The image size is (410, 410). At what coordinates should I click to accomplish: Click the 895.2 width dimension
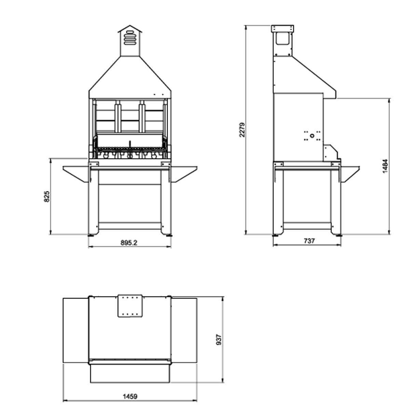click(x=129, y=243)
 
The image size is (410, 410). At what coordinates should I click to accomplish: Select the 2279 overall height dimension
click(x=242, y=130)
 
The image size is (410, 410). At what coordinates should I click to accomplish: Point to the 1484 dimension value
click(x=385, y=166)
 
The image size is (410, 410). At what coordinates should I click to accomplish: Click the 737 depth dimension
click(x=309, y=241)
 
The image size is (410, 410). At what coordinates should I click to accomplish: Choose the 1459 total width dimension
click(x=130, y=396)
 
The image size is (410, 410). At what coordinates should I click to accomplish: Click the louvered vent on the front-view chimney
click(x=130, y=38)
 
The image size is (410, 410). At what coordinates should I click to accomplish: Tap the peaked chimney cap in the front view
click(x=130, y=29)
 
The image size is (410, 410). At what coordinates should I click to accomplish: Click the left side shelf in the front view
click(x=76, y=173)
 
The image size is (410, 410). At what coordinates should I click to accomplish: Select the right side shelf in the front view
click(x=184, y=173)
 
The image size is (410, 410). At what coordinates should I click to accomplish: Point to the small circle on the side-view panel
click(x=312, y=136)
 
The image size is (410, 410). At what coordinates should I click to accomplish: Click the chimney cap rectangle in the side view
click(x=283, y=29)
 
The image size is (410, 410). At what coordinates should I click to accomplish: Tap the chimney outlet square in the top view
click(x=130, y=306)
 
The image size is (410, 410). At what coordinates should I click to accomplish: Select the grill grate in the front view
click(x=130, y=148)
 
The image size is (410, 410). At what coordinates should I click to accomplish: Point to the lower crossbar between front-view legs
click(x=130, y=226)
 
